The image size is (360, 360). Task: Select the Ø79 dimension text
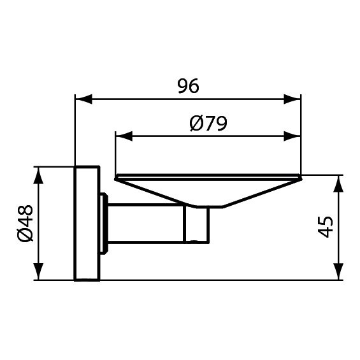tap(208, 123)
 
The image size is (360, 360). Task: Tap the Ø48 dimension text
tap(25, 224)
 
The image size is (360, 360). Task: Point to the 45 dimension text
tap(326, 227)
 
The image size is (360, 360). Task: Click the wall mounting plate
tap(86, 224)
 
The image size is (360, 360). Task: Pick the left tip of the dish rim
tap(117, 176)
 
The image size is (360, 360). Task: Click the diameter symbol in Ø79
tap(196, 123)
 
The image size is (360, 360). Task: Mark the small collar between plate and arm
tap(103, 224)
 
